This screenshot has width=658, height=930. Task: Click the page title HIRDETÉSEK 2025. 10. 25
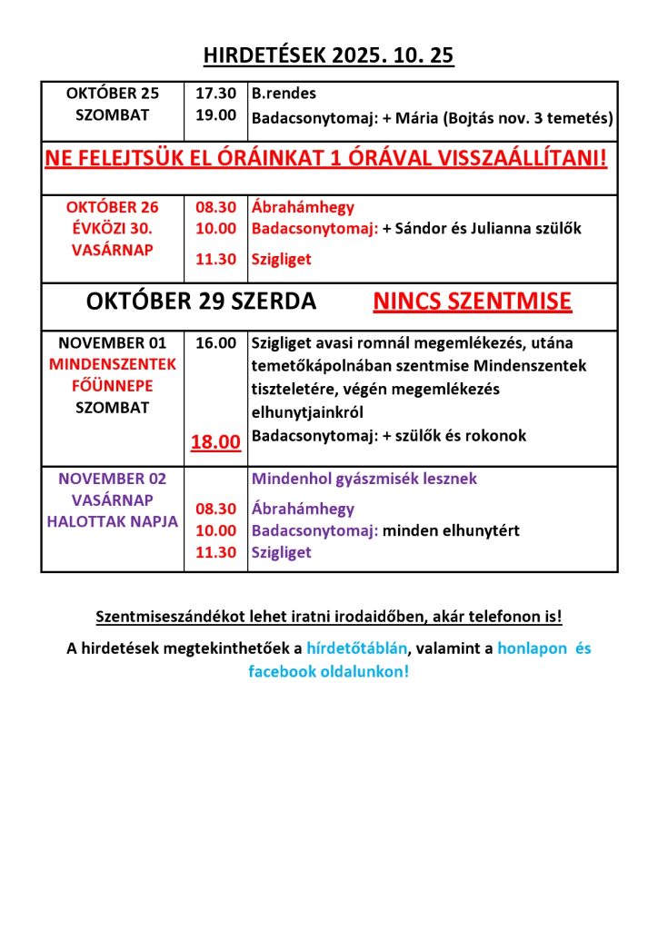tap(329, 57)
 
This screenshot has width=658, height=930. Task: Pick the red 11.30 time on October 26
tap(216, 260)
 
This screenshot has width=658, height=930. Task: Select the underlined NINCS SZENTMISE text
tap(473, 302)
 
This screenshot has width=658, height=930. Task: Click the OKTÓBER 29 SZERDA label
tap(201, 302)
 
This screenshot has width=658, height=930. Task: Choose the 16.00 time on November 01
tap(216, 343)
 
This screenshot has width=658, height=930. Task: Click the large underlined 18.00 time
tap(216, 442)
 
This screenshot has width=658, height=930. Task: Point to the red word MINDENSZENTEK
tap(113, 365)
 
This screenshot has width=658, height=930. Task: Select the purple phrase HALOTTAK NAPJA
tap(113, 521)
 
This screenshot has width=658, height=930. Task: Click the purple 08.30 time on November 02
tap(216, 509)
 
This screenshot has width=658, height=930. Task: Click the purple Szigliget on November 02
tap(282, 552)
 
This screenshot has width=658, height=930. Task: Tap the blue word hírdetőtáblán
tap(356, 648)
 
